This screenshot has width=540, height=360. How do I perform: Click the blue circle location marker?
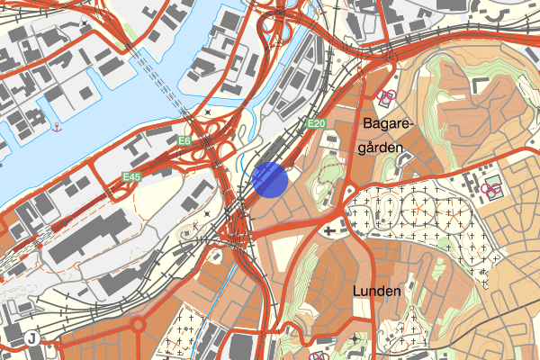coord(270,178)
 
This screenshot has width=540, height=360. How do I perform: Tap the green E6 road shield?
coord(184,141)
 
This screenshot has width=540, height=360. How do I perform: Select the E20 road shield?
coord(314,123)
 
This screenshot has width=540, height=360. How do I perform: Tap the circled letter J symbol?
coord(32,338)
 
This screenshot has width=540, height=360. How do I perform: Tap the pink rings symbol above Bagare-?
coord(389,96)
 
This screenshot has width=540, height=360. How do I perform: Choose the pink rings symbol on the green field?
coord(492,189)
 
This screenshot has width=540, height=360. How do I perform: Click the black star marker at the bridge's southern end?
coord(208,112)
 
